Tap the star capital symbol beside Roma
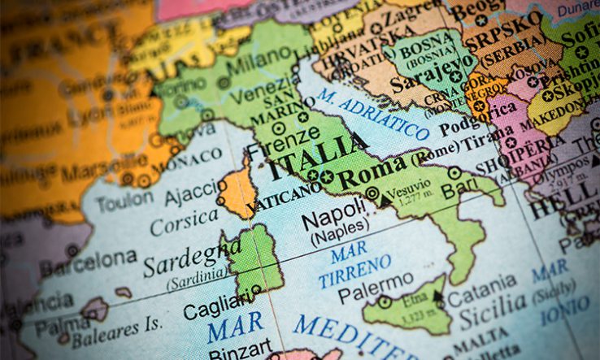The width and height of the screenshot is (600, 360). tap(326, 176)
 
